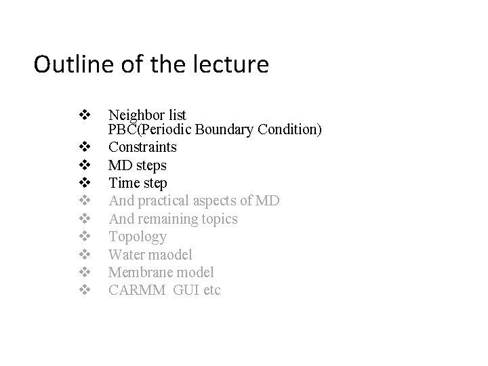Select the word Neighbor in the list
pyautogui.click(x=134, y=114)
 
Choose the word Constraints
pyautogui.click(x=143, y=146)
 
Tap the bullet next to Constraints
pyautogui.click(x=85, y=146)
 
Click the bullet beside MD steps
pyautogui.click(x=85, y=165)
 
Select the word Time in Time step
pyautogui.click(x=123, y=183)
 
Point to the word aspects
pyautogui.click(x=218, y=201)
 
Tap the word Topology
pyautogui.click(x=138, y=237)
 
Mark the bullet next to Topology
pyautogui.click(x=85, y=237)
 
